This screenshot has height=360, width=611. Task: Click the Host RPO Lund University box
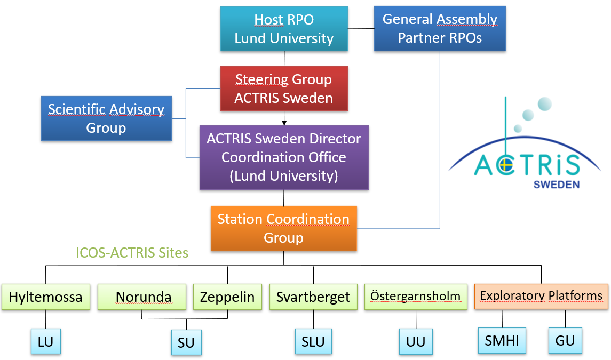click(x=284, y=29)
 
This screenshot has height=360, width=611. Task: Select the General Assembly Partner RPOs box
click(x=440, y=28)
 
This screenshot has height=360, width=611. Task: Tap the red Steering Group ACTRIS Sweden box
click(x=284, y=89)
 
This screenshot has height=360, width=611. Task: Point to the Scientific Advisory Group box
click(x=106, y=118)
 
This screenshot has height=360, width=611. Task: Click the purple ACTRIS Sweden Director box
click(x=284, y=157)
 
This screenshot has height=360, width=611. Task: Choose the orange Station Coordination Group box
click(x=284, y=228)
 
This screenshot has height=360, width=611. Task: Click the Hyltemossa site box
click(x=45, y=297)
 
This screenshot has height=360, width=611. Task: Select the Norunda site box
click(x=142, y=297)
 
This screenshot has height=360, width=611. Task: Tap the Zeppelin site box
click(x=227, y=297)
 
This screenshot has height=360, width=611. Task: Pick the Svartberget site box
click(x=313, y=297)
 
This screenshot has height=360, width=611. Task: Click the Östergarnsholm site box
click(x=416, y=297)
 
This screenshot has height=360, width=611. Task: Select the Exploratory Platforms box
click(x=541, y=297)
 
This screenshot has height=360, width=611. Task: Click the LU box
click(x=45, y=341)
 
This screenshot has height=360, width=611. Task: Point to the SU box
click(x=186, y=342)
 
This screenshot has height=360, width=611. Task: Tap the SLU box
click(x=313, y=341)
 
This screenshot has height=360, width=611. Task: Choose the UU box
click(x=416, y=341)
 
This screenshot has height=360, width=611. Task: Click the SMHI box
click(x=502, y=340)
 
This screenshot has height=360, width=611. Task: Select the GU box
click(x=565, y=340)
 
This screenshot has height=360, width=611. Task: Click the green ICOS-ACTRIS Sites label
click(x=132, y=253)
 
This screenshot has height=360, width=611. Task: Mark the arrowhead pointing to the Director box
click(x=284, y=123)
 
